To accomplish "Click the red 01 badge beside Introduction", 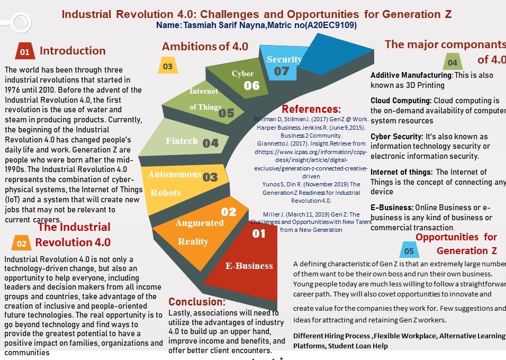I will tap(25, 52).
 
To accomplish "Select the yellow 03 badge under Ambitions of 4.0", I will tap(167, 67).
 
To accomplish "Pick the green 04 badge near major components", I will tap(453, 62).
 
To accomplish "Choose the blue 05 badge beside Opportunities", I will tap(409, 250).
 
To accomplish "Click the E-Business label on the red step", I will tap(249, 266).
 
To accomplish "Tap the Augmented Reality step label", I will tap(200, 232).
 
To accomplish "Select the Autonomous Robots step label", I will tap(174, 183).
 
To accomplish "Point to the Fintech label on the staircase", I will tap(182, 141).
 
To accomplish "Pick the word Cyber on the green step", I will tap(242, 74).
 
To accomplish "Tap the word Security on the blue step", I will tap(284, 59).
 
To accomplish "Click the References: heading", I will tap(311, 109).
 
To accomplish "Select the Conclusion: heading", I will tap(197, 302).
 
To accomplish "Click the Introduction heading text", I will tap(73, 51).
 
